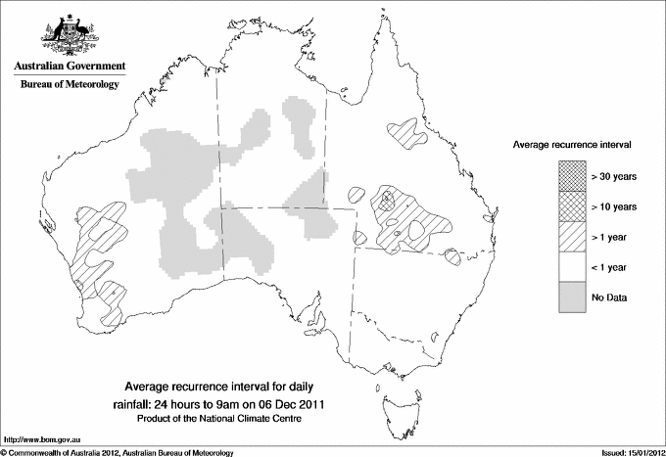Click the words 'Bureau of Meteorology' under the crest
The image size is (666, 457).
[70, 85]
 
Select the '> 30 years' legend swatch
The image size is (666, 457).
[573, 176]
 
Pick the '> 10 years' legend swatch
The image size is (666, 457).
[573, 206]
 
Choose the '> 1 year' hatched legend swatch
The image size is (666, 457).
[573, 237]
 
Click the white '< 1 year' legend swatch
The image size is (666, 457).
[573, 267]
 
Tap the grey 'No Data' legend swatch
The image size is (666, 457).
[573, 297]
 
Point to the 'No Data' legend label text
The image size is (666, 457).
[609, 297]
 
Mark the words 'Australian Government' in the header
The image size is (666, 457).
[70, 66]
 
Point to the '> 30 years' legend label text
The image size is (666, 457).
[614, 176]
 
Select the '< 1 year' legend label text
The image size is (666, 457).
[611, 267]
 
